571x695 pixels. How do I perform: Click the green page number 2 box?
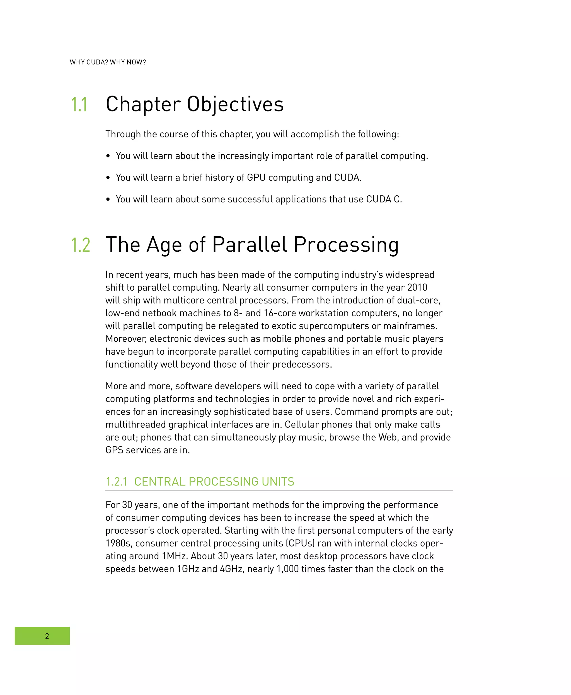tap(42, 636)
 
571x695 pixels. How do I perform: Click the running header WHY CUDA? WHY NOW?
tap(108, 62)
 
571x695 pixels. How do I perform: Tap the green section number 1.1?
tap(79, 105)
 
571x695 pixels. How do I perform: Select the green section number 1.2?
tap(81, 245)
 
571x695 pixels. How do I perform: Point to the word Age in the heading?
tap(164, 245)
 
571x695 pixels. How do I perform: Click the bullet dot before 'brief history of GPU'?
tap(108, 178)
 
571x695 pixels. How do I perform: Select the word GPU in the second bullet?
tap(256, 178)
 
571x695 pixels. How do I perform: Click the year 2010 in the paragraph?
tap(417, 287)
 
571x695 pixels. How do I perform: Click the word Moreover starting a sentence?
tap(126, 339)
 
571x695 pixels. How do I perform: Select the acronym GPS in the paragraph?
tap(114, 450)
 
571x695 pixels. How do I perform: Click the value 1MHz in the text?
tap(175, 556)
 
